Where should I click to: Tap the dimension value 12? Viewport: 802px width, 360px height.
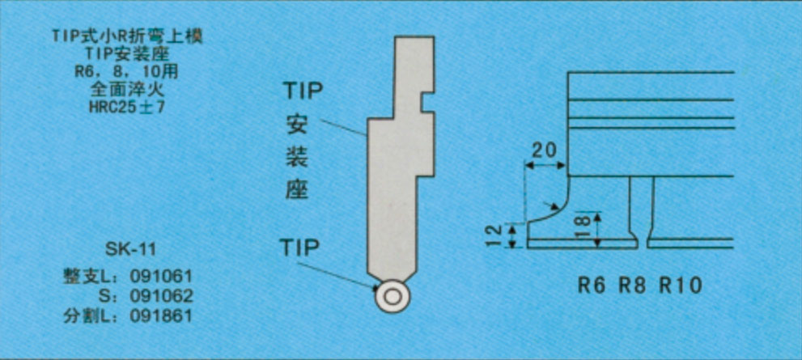(x=494, y=236)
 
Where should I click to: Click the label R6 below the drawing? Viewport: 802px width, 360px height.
(x=592, y=286)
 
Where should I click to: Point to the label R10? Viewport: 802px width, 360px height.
(x=681, y=286)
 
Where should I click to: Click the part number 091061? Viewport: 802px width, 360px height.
(x=161, y=277)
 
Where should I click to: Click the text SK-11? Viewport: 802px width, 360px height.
(x=130, y=250)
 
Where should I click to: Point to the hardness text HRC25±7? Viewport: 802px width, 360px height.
(x=127, y=108)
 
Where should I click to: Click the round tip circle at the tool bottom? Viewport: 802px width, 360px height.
(x=393, y=297)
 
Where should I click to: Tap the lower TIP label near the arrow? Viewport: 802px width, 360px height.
(x=300, y=248)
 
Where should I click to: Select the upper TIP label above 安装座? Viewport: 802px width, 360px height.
(x=303, y=91)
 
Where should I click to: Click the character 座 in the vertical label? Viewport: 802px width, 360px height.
(x=296, y=190)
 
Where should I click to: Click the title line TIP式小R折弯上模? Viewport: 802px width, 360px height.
(x=127, y=37)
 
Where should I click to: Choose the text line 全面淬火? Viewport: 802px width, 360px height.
(x=127, y=91)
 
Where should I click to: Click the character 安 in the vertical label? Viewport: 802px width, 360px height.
(x=297, y=125)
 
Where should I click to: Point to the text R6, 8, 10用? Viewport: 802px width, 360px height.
(x=127, y=72)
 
